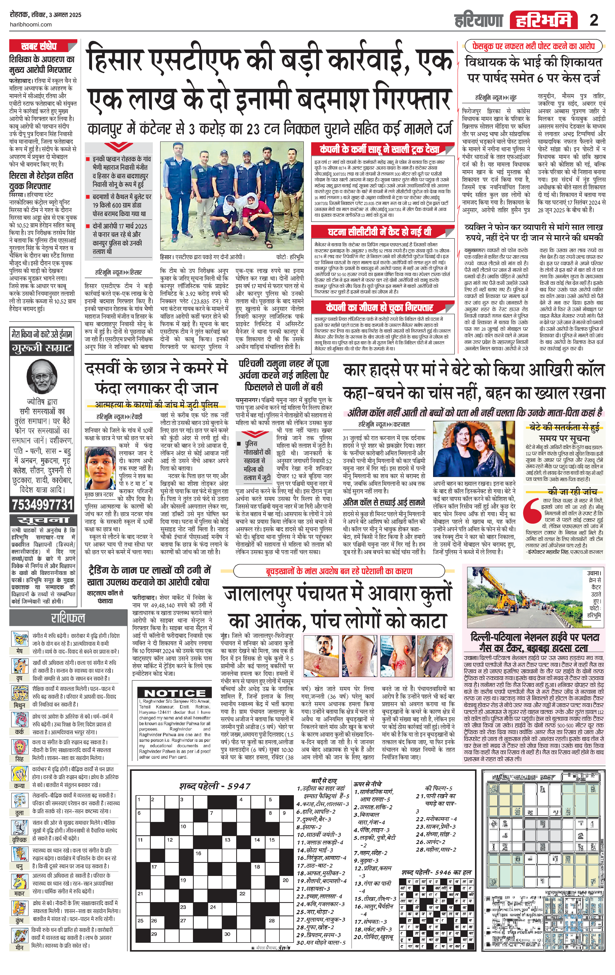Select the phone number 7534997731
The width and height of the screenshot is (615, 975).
pyautogui.click(x=42, y=505)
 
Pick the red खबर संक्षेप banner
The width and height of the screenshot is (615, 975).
pyautogui.click(x=39, y=46)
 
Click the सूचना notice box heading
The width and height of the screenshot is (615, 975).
pyautogui.click(x=42, y=520)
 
